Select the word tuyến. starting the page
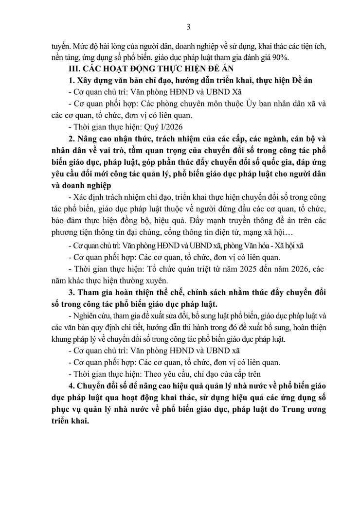[61, 46]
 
